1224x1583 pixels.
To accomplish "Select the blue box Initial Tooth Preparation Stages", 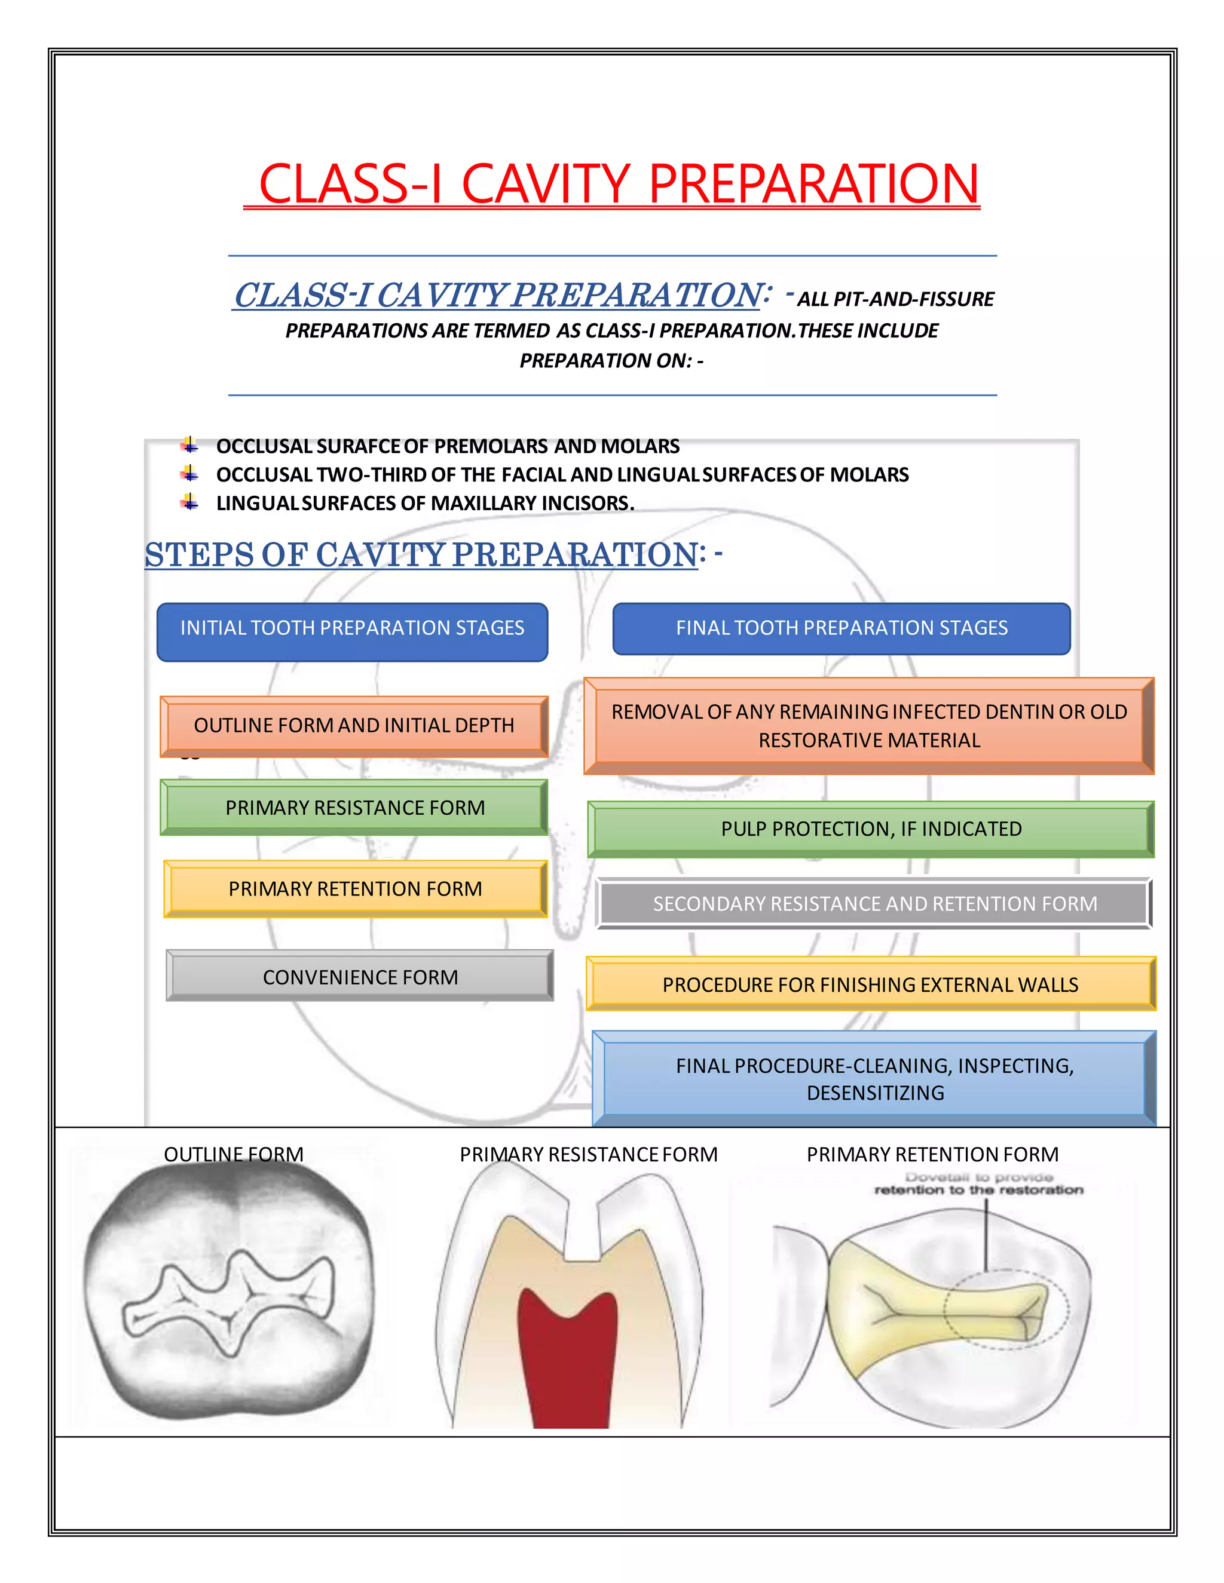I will (x=353, y=628).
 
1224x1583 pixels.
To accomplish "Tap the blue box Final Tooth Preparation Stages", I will (x=841, y=628).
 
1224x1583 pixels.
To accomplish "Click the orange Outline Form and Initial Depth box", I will (x=354, y=726).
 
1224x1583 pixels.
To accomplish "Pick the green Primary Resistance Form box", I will (x=354, y=808).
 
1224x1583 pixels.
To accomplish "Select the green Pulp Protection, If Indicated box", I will (x=871, y=829).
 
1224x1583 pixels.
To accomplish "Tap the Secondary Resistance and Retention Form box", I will (x=874, y=903).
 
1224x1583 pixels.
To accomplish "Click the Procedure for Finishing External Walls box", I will (x=870, y=984).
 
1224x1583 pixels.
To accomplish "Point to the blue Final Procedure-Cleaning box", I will (x=874, y=1078).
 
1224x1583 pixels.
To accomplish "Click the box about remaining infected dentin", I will (x=868, y=726).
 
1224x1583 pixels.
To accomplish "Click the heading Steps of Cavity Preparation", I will (x=421, y=555).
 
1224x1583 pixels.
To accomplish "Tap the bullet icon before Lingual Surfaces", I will (x=190, y=502).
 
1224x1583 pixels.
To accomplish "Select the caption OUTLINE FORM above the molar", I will (x=234, y=1154).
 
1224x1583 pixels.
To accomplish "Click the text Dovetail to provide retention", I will (x=978, y=1183).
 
